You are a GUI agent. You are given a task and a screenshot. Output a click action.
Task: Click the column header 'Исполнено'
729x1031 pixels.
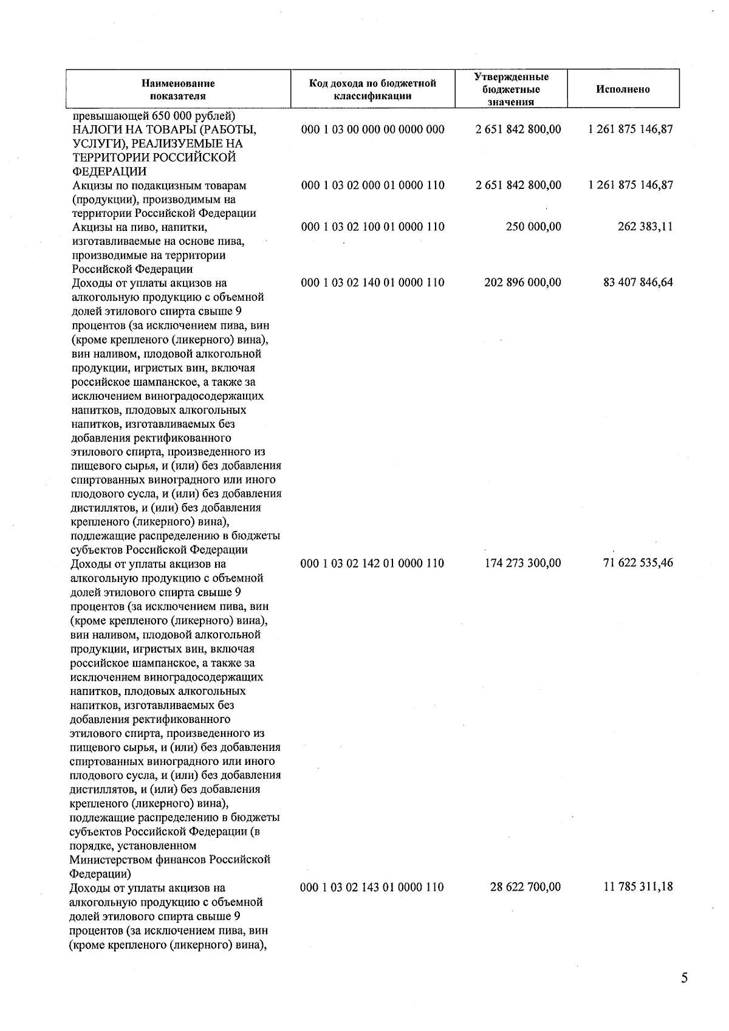tap(623, 89)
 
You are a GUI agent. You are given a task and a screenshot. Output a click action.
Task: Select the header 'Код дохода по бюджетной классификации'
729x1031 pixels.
tap(372, 89)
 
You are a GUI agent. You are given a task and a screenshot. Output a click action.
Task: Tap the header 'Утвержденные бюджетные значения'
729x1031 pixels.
tap(511, 89)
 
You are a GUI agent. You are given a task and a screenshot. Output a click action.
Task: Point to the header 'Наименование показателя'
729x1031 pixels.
tap(178, 89)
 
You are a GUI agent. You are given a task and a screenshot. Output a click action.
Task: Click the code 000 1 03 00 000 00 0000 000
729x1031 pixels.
tap(372, 129)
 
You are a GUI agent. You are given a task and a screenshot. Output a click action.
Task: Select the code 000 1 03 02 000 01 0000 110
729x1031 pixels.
tap(372, 185)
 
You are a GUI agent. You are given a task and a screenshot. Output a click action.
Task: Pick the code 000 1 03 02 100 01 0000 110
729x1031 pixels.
tap(372, 227)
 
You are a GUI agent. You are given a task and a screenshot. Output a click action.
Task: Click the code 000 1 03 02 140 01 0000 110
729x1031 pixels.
tap(372, 283)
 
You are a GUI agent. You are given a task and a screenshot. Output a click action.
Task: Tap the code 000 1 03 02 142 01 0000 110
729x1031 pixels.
tap(372, 563)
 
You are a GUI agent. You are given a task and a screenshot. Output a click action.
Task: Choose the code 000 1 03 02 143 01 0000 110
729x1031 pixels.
tap(372, 887)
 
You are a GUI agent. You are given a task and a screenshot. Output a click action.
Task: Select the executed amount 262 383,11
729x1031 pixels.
tap(645, 227)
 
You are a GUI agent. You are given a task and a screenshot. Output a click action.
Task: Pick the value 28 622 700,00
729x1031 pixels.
tap(525, 887)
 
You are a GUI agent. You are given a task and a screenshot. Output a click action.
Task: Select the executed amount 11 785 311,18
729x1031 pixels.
tap(638, 887)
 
